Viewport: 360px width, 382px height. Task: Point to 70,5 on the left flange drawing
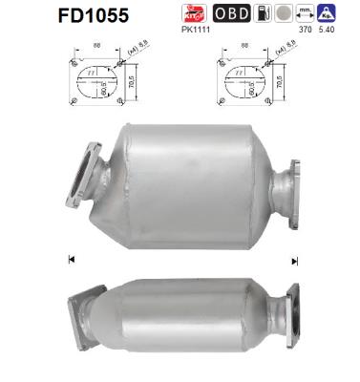[133, 83]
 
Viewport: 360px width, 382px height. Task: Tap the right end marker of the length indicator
[295, 260]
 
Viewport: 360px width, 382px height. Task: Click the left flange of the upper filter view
[85, 175]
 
